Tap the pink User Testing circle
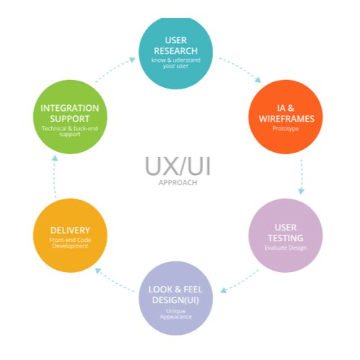[x=284, y=235]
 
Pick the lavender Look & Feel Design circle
[x=176, y=298]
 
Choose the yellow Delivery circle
[x=70, y=235]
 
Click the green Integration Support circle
[x=70, y=117]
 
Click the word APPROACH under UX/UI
[x=176, y=183]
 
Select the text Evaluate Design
[x=284, y=248]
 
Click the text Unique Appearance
[x=176, y=315]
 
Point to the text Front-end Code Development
[x=70, y=243]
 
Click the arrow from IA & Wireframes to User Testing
[x=301, y=176]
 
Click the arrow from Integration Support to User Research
[x=115, y=68]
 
